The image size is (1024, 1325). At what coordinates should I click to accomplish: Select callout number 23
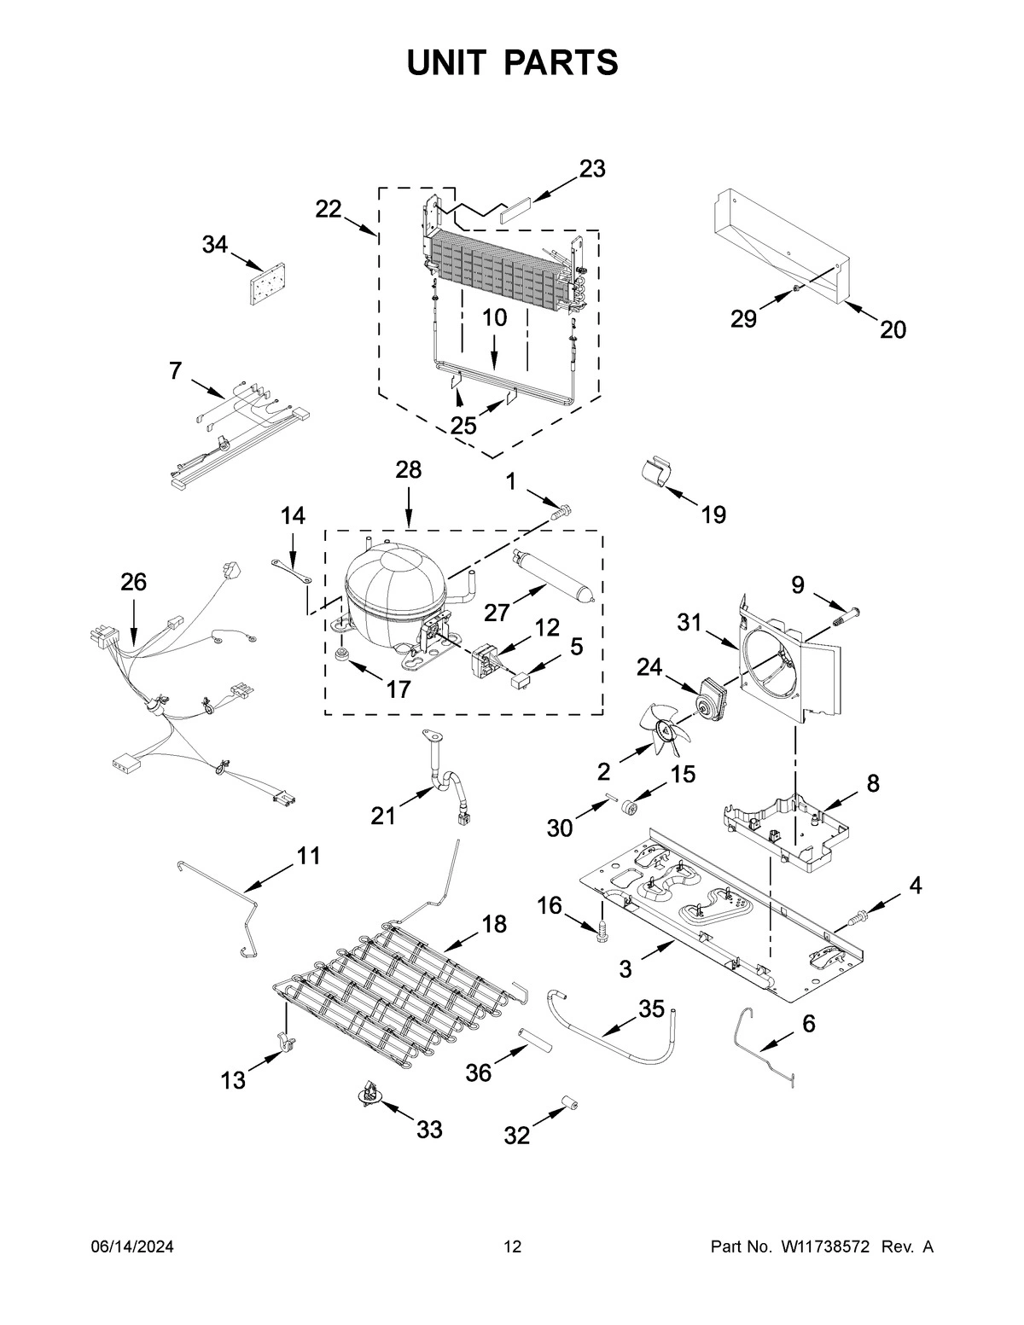coord(591,169)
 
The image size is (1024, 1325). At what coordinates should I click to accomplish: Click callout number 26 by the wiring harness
coord(133,582)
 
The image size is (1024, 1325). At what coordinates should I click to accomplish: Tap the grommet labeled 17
coord(344,655)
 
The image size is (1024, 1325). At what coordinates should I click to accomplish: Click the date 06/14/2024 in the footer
coord(131,1247)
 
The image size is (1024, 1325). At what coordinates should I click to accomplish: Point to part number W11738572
coord(824,1247)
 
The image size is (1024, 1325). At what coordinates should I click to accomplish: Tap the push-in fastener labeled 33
coord(369,1095)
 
